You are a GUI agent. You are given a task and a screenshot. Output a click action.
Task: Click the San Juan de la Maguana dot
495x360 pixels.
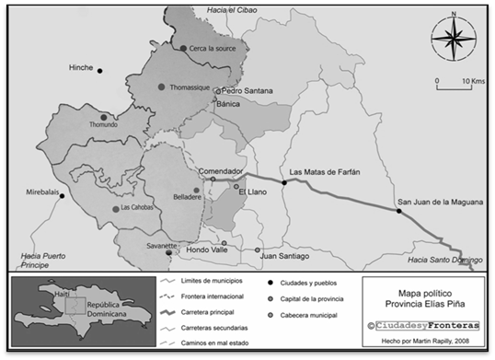coord(399,211)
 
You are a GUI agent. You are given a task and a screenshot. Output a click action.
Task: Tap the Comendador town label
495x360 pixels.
coord(221,171)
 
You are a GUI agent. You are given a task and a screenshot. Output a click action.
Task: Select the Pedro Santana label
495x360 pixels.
coord(243,91)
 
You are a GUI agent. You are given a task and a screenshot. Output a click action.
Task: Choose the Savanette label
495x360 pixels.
coord(160,247)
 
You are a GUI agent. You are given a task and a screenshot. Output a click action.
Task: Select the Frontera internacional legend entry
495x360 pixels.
coord(212,296)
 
